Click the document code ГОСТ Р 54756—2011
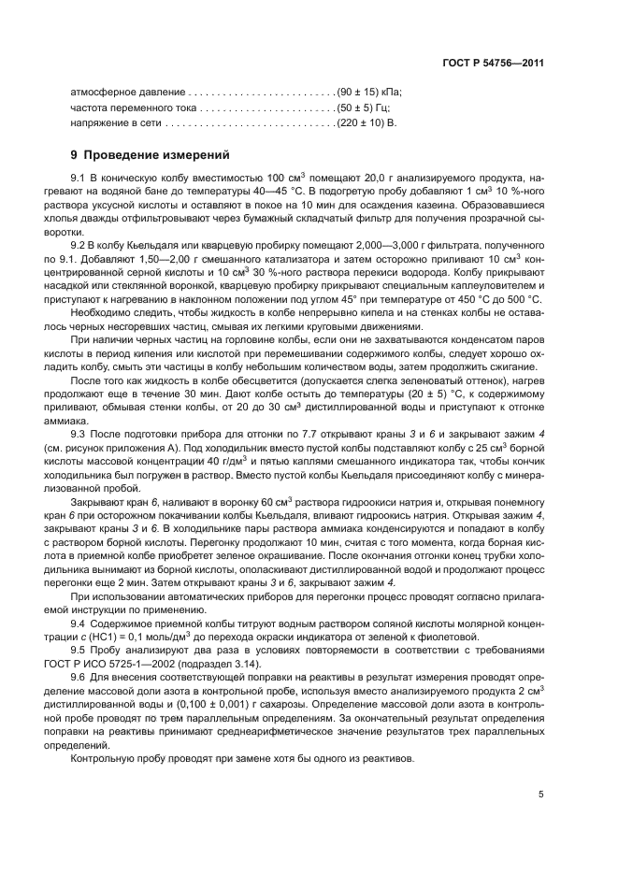pos(494,63)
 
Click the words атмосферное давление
pos(128,93)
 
